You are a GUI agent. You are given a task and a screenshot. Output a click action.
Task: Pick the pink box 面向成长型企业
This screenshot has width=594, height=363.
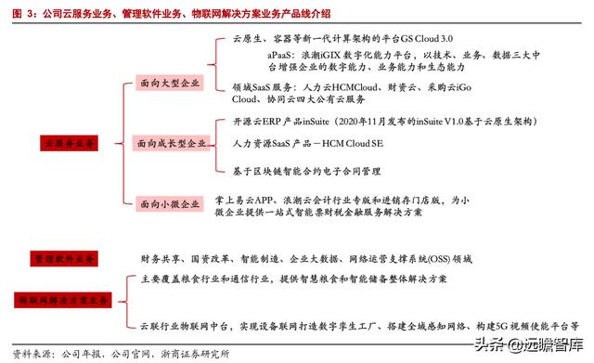coord(173,145)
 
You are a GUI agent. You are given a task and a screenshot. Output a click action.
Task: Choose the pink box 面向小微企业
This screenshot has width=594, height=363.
coord(167,203)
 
